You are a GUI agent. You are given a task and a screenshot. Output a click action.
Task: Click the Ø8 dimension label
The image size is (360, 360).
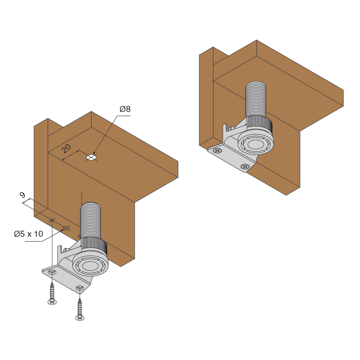(x=125, y=109)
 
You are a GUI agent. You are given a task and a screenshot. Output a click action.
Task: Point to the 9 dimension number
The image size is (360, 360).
(x=22, y=195)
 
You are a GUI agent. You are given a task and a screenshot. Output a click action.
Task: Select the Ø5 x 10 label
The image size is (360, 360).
(x=28, y=234)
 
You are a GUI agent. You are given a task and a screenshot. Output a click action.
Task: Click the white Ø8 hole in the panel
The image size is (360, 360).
(x=91, y=157)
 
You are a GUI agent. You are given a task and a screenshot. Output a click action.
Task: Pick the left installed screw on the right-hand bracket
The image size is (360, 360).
(x=217, y=150)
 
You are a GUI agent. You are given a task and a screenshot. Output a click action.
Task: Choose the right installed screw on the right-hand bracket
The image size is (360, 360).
(x=245, y=166)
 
